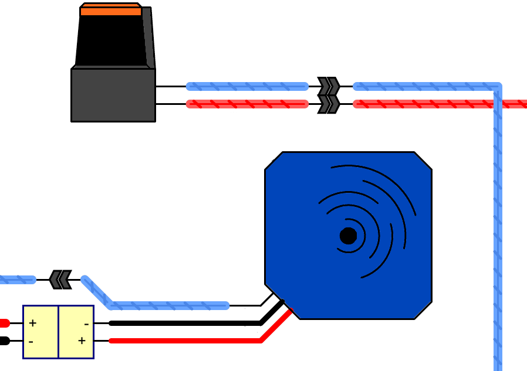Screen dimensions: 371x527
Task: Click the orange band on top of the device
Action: pyautogui.click(x=111, y=11)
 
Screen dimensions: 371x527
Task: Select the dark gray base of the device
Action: pyautogui.click(x=113, y=95)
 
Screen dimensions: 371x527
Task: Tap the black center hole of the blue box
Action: pyautogui.click(x=348, y=236)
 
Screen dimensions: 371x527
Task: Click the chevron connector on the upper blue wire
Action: pyautogui.click(x=329, y=86)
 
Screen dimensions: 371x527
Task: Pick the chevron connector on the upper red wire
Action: pyautogui.click(x=329, y=104)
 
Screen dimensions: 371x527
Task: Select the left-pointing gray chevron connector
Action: pyautogui.click(x=60, y=280)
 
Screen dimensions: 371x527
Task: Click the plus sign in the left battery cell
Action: pyautogui.click(x=33, y=323)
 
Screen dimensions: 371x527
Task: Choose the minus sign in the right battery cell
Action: pyautogui.click(x=86, y=324)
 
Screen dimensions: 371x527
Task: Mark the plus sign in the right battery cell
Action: pyautogui.click(x=82, y=341)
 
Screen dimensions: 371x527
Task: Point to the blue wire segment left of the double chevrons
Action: pyautogui.click(x=247, y=86)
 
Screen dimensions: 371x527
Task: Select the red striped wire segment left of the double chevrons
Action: pyautogui.click(x=247, y=104)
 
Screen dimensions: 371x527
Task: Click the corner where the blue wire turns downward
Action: pyautogui.click(x=497, y=87)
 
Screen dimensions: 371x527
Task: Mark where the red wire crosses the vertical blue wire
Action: pyautogui.click(x=498, y=104)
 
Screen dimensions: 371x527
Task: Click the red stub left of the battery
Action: pyautogui.click(x=4, y=323)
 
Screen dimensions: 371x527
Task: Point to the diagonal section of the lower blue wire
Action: pyautogui.click(x=97, y=292)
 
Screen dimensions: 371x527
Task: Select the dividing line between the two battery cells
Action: pyautogui.click(x=58, y=332)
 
